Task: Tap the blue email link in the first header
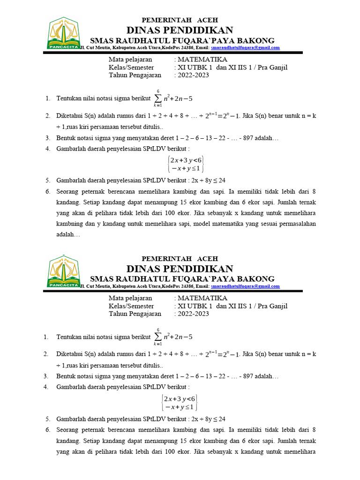click(245, 48)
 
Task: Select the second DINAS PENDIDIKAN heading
click(180, 269)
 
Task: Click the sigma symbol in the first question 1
click(158, 98)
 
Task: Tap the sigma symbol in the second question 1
click(158, 337)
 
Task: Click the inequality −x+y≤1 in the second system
click(179, 406)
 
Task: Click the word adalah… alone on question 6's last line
click(68, 235)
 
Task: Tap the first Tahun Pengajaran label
click(135, 75)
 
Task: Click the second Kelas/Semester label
click(131, 306)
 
